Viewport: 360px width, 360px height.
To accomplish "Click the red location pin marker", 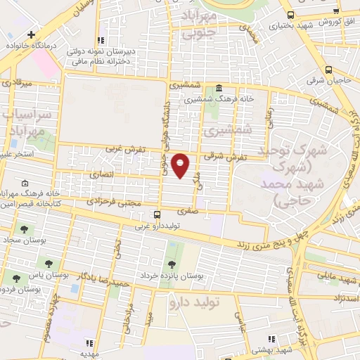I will click(x=181, y=165).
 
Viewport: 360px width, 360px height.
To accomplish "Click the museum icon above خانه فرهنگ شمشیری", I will click(x=219, y=89).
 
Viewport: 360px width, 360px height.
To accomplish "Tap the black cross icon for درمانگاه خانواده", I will click(x=31, y=34).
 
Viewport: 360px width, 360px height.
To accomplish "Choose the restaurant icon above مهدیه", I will click(x=89, y=343).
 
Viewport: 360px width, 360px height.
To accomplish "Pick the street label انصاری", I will click(x=101, y=172).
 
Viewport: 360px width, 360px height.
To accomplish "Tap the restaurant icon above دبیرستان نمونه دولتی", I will click(x=103, y=41).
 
